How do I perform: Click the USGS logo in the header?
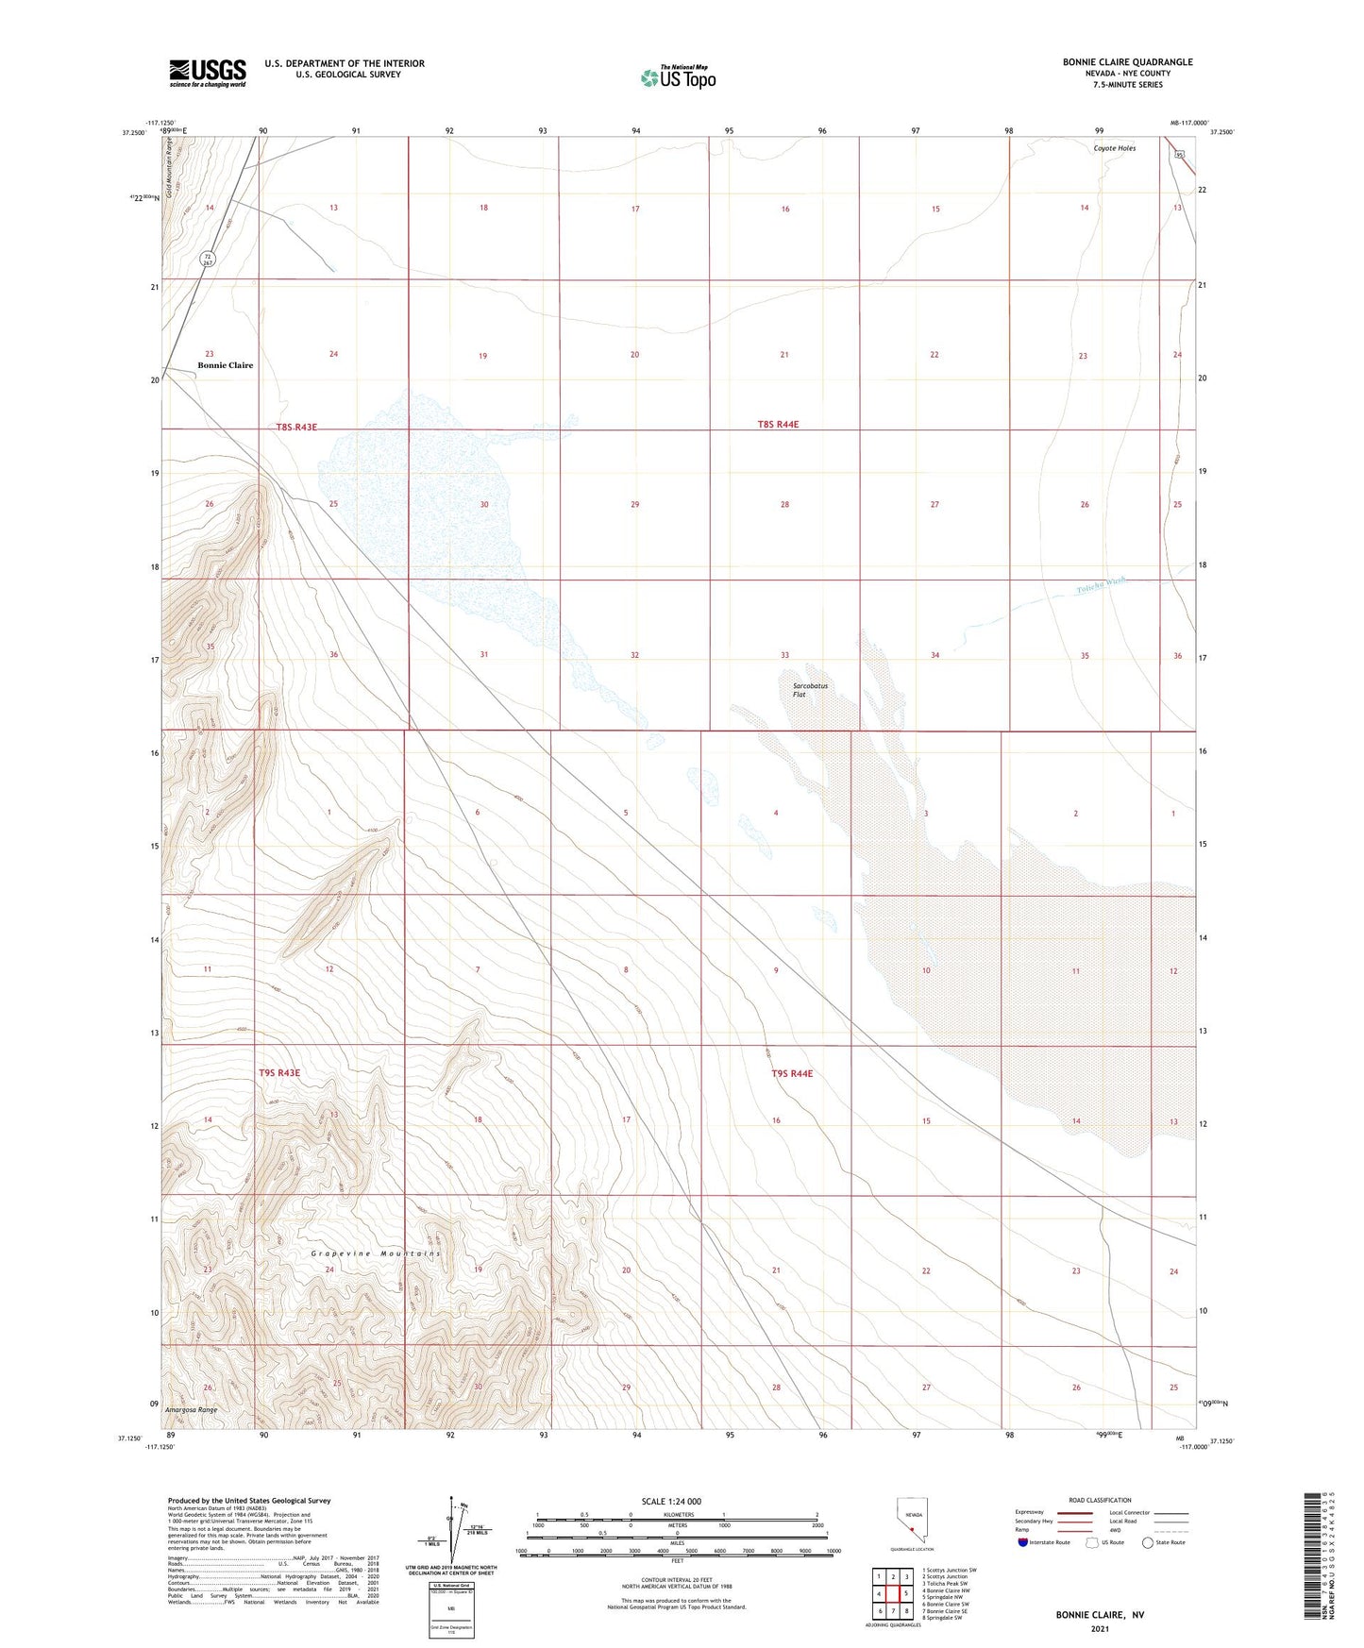208,73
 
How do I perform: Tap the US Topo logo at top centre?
678,76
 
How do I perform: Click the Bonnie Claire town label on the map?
225,365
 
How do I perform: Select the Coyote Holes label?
1114,148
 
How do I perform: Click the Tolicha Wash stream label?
1102,586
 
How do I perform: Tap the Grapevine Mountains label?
376,1253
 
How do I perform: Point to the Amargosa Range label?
191,1410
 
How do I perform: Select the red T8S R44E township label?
778,425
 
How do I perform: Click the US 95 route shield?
1179,154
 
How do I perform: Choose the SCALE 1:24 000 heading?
671,1502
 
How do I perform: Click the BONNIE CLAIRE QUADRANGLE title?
1127,62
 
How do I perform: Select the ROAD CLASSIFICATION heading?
1100,1500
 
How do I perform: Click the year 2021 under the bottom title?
1100,1628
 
